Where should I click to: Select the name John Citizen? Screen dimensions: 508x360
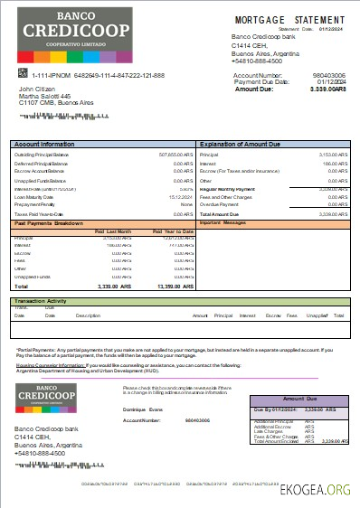pos(38,89)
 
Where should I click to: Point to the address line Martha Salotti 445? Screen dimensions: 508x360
pos(45,97)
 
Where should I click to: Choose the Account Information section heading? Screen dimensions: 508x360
pos(44,145)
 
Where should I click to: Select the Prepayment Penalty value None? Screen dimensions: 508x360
pos(186,204)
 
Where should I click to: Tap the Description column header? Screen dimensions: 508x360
pos(88,315)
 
